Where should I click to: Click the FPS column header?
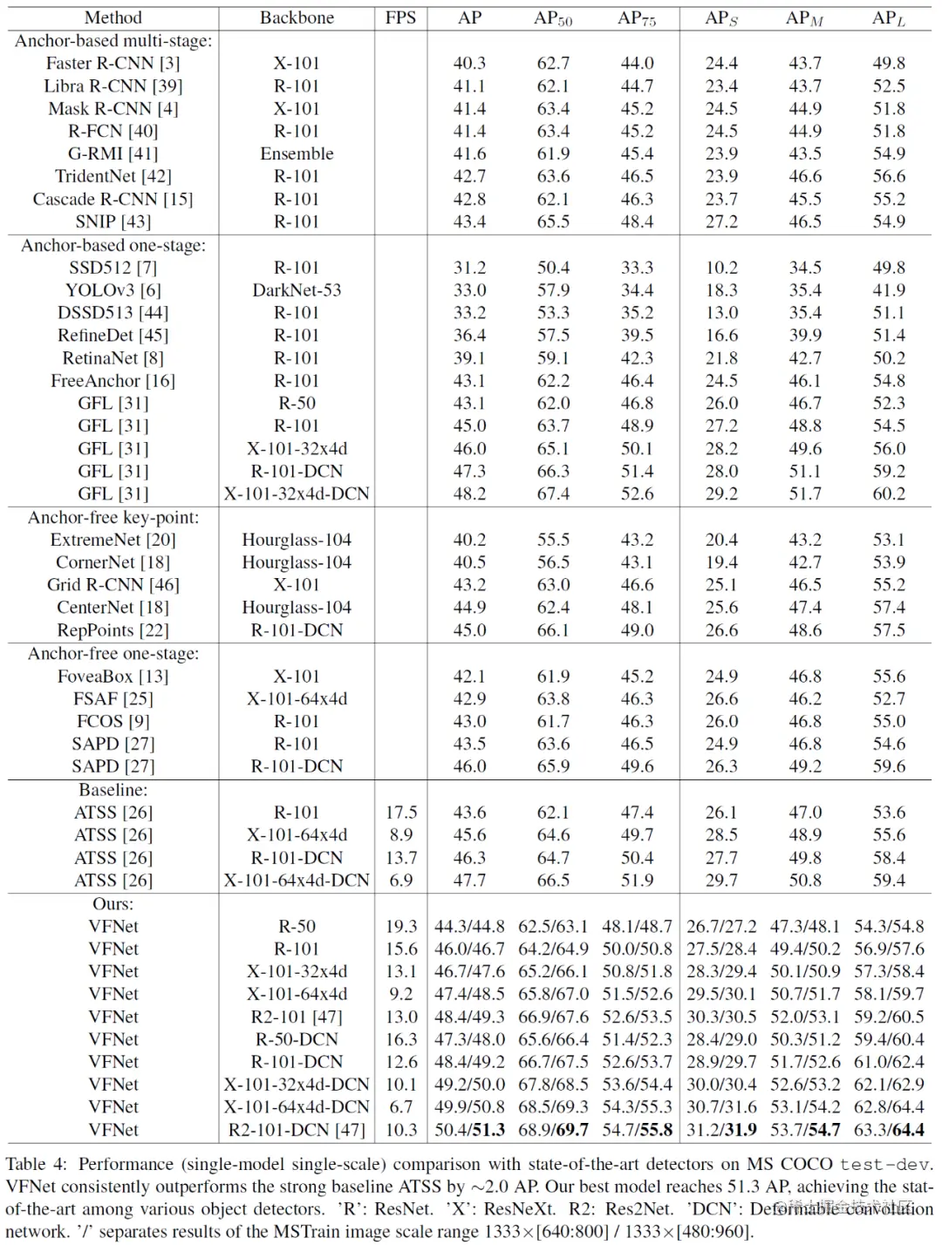[x=400, y=17]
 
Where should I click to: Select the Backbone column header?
[x=297, y=17]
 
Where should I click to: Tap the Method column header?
[x=113, y=17]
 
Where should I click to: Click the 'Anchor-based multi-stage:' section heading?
[x=113, y=40]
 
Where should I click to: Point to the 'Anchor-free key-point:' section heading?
[x=113, y=517]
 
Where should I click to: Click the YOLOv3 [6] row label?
[x=113, y=290]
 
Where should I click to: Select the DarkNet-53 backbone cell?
[x=297, y=290]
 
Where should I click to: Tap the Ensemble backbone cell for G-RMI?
[x=297, y=153]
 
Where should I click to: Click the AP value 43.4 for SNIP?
[x=469, y=221]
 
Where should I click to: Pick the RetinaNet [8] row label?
[x=113, y=358]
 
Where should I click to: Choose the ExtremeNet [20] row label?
[x=113, y=540]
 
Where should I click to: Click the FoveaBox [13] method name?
[x=113, y=677]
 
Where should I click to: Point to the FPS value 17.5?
[x=401, y=813]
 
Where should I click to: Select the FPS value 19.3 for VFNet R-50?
[x=401, y=926]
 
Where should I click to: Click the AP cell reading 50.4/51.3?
[x=469, y=1130]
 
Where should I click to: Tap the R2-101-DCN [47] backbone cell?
[x=297, y=1130]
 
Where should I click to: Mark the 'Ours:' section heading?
[x=113, y=904]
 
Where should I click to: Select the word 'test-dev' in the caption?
[x=884, y=1165]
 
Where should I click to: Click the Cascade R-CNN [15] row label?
[x=113, y=199]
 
